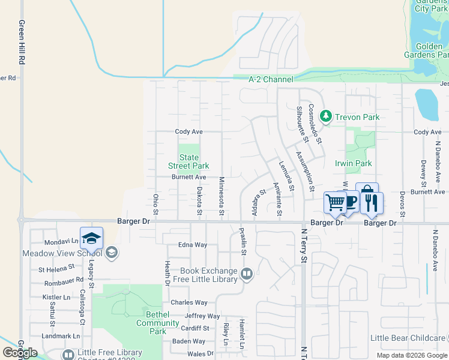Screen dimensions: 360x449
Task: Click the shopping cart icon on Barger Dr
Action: click(x=334, y=202)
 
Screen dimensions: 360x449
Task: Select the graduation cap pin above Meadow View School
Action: click(x=91, y=238)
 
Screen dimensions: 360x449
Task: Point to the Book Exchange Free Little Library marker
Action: click(x=246, y=275)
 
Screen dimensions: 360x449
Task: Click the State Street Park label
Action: click(x=188, y=161)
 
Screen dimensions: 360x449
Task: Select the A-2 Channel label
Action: click(x=271, y=79)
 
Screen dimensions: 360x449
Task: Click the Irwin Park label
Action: click(x=353, y=163)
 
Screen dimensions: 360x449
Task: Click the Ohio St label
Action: click(x=155, y=204)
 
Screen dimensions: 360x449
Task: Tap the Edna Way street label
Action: click(x=193, y=245)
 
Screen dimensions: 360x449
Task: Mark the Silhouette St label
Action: click(x=302, y=124)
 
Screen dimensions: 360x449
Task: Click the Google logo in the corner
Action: click(x=20, y=353)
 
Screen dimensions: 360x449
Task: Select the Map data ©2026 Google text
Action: click(x=411, y=355)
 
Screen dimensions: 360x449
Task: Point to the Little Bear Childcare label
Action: click(x=408, y=338)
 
